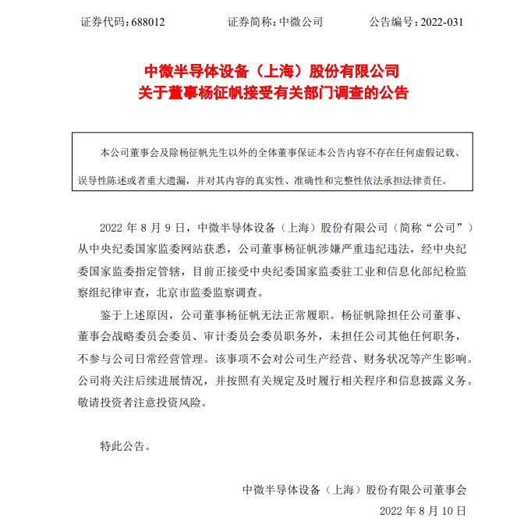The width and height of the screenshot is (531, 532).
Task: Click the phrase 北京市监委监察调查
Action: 211,293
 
